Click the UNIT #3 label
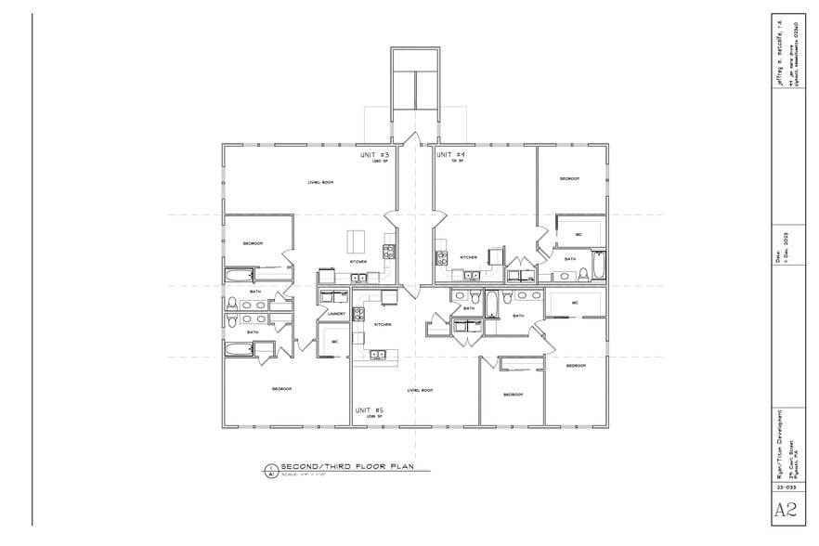[374, 155]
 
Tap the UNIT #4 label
[450, 155]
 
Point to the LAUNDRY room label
[336, 314]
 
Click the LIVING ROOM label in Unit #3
[320, 182]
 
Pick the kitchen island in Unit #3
[357, 240]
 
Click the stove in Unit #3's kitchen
[388, 251]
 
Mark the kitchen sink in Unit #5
[377, 353]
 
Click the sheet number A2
[785, 509]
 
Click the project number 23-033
[785, 486]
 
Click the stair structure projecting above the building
[415, 78]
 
